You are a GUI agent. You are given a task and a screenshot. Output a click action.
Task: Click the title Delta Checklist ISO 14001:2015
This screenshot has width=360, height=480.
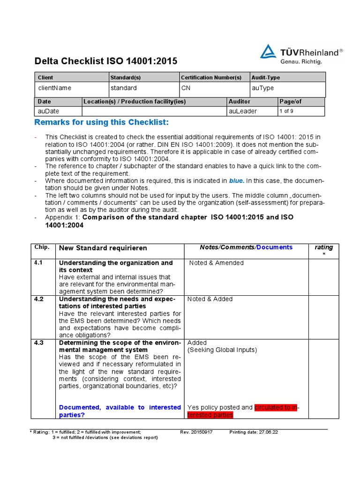click(x=106, y=61)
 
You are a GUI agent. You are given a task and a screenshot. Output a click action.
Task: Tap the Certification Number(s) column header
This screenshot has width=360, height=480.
click(x=211, y=77)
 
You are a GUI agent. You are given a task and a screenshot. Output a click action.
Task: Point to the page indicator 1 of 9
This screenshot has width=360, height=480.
click(x=287, y=111)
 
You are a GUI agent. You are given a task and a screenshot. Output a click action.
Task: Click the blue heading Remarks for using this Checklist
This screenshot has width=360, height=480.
click(x=101, y=123)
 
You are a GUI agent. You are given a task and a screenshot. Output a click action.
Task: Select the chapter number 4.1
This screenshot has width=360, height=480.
click(x=38, y=263)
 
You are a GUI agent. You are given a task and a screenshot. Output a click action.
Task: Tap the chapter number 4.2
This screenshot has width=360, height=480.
click(x=38, y=299)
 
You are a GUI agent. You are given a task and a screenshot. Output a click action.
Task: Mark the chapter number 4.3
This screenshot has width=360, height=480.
click(x=38, y=343)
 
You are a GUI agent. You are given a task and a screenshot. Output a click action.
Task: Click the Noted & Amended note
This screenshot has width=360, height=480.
click(x=216, y=263)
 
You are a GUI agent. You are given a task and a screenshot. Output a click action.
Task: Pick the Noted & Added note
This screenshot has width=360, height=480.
click(x=210, y=299)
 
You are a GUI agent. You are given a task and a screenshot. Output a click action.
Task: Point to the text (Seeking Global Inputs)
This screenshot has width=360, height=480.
click(x=222, y=350)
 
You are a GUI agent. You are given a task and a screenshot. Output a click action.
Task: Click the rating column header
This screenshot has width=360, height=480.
click(x=323, y=247)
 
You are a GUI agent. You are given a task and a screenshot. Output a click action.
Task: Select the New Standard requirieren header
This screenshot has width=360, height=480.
click(x=103, y=248)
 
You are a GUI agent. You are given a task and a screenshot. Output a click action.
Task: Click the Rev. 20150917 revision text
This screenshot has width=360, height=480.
click(x=196, y=432)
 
